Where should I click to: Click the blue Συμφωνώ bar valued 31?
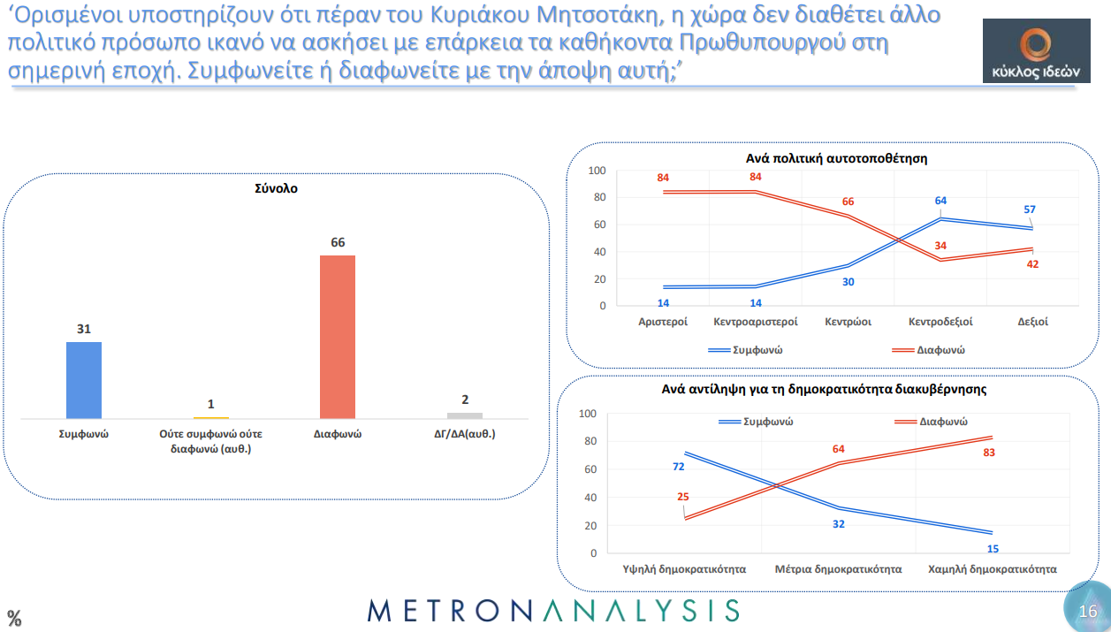click(84, 380)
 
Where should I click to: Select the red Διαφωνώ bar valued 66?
click(337, 337)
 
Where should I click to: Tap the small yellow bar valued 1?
click(210, 417)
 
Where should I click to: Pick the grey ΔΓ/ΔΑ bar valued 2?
click(465, 415)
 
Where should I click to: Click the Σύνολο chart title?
click(276, 188)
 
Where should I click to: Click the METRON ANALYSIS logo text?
click(553, 610)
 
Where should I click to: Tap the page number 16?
click(1088, 612)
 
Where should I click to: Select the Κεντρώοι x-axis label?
click(848, 323)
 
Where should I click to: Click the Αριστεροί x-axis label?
click(663, 323)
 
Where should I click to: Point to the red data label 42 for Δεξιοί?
click(1032, 263)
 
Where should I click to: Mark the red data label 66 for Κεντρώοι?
click(848, 202)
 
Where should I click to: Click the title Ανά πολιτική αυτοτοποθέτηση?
click(836, 158)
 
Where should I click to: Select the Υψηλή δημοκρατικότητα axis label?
click(685, 569)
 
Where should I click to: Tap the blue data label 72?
click(679, 466)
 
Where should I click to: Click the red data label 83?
click(990, 452)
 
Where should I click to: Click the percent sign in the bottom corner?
click(14, 617)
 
